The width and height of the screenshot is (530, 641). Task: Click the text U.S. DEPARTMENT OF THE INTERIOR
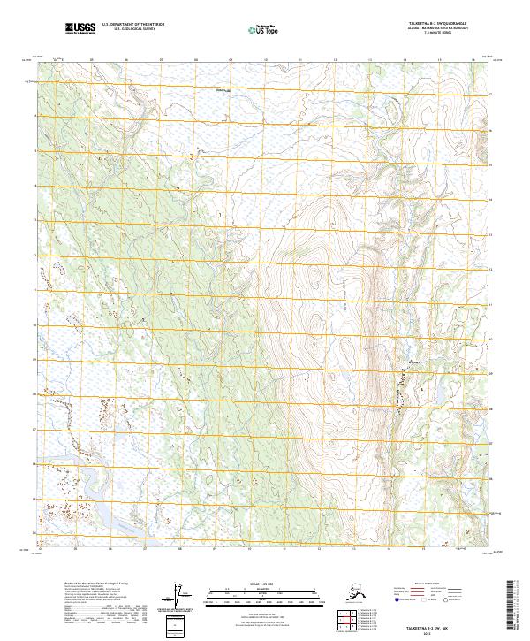(132, 24)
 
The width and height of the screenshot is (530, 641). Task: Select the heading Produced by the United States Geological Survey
(94, 584)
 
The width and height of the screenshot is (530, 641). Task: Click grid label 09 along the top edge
(231, 59)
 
